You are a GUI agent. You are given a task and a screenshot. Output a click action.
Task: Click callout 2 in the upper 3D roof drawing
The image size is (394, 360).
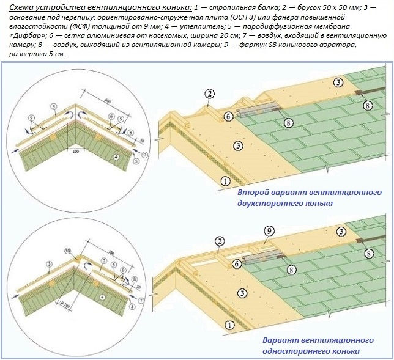(x=209, y=94)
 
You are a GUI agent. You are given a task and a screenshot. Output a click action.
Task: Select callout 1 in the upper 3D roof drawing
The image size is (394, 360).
(x=225, y=181)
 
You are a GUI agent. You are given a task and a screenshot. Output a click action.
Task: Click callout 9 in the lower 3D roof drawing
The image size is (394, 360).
(x=268, y=230)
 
